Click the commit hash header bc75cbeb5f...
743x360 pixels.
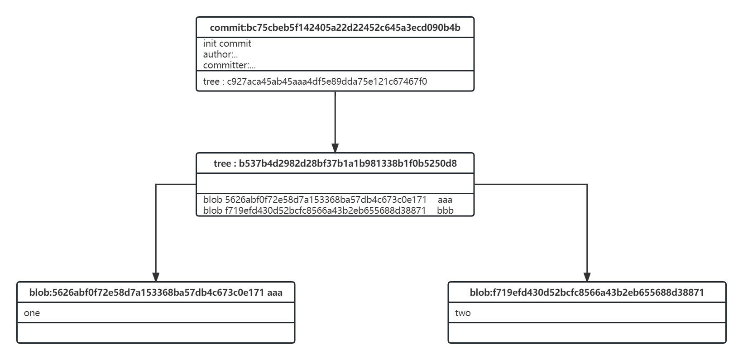coord(335,28)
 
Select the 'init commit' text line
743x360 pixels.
coord(227,43)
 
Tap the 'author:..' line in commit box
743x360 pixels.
coord(221,54)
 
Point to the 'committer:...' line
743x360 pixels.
coord(229,65)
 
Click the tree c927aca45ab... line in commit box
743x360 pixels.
coord(315,82)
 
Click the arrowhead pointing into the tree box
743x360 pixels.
coord(335,149)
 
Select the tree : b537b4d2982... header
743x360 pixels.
coord(335,163)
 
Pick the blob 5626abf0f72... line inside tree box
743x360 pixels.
coord(315,200)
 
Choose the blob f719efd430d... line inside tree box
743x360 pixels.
coord(315,211)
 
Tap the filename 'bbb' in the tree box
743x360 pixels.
coord(446,211)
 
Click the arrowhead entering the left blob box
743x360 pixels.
coord(156,277)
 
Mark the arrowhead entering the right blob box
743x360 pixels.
coord(587,277)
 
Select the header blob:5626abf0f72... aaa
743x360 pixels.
coord(156,293)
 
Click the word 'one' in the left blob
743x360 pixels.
coord(32,313)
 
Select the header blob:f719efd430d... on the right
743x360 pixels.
coord(587,293)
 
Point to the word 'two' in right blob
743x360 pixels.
coord(463,313)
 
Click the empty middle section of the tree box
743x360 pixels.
coord(335,183)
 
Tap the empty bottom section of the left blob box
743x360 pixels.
coord(156,333)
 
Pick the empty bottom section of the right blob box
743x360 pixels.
coord(587,333)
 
